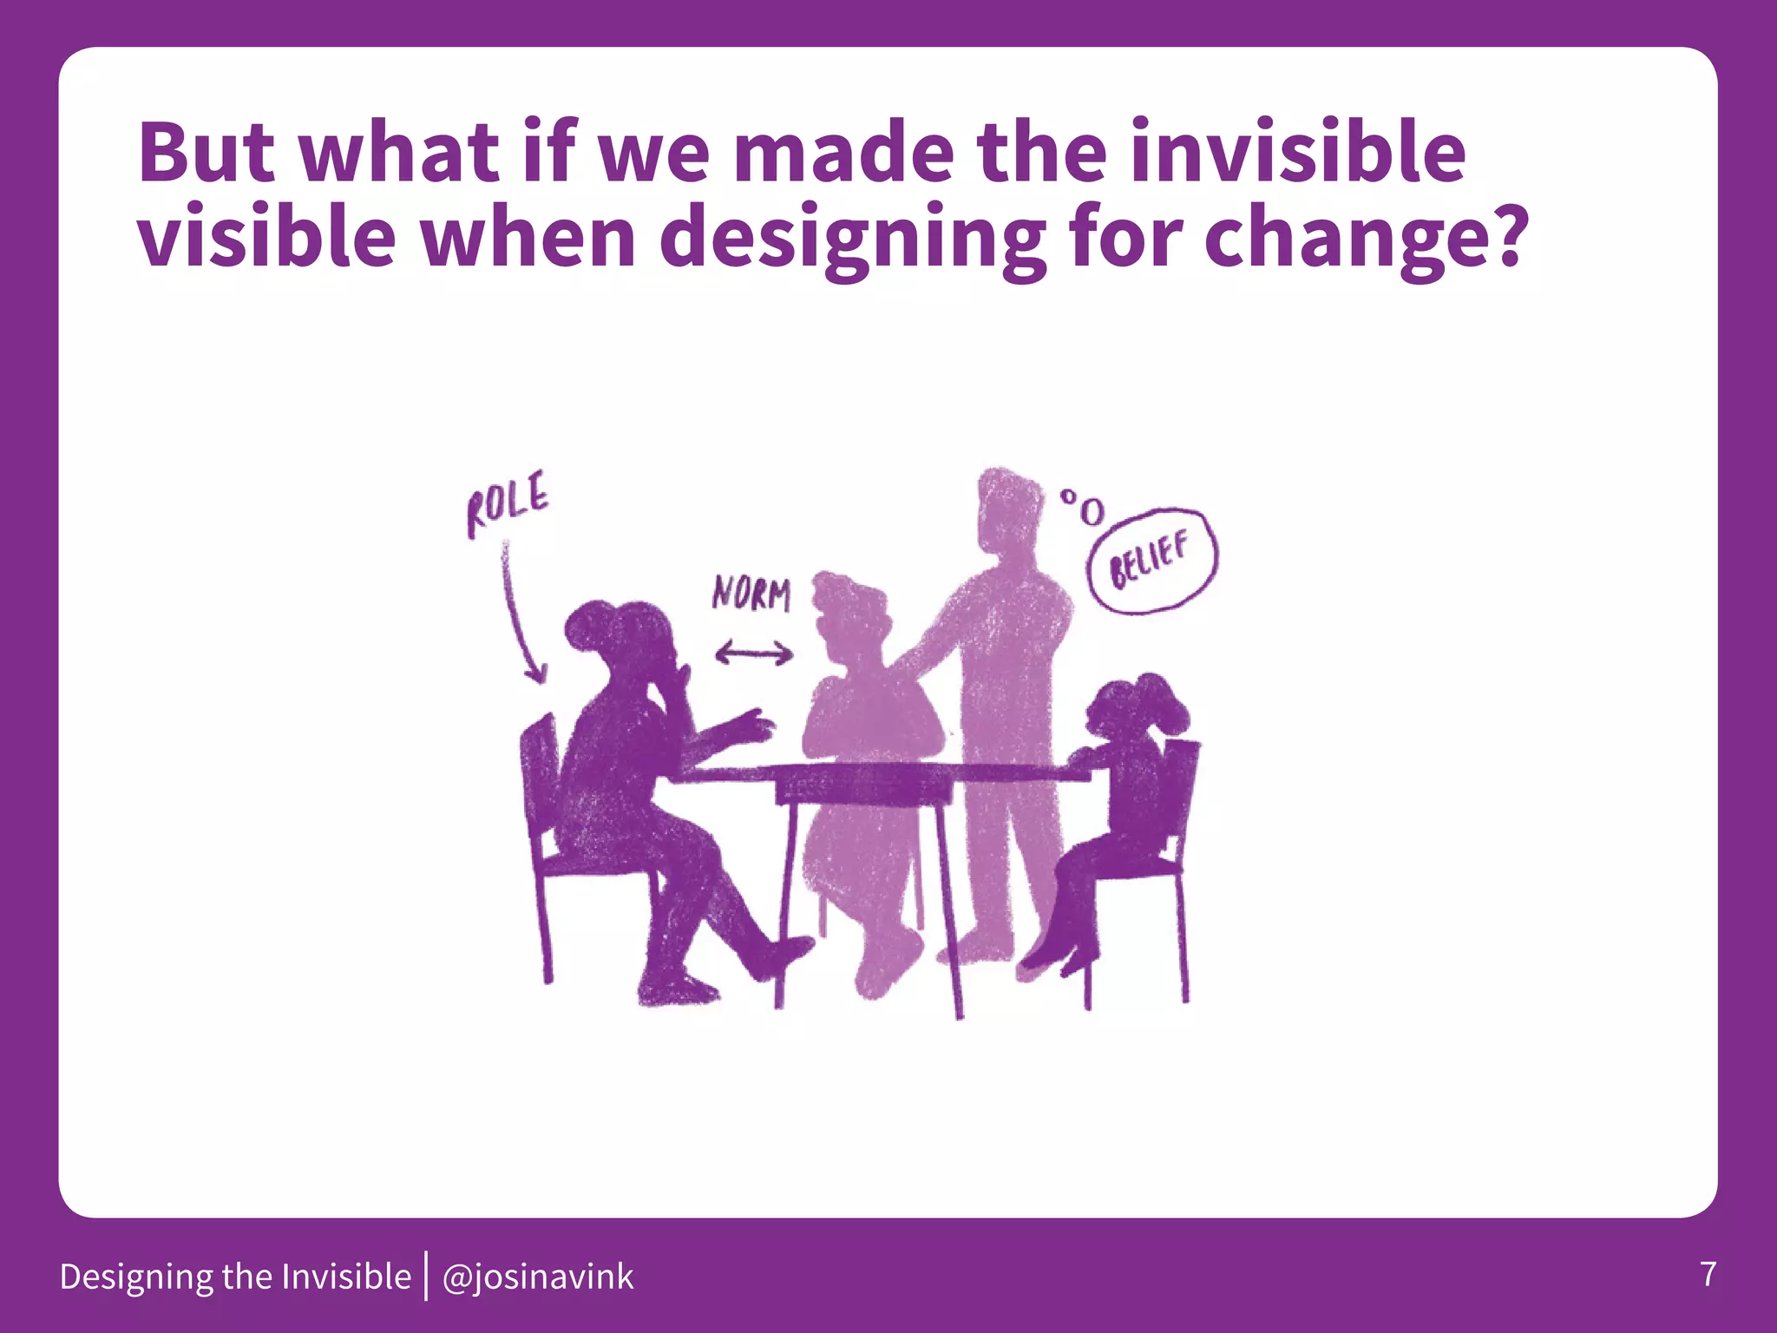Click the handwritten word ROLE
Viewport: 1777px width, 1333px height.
(x=508, y=504)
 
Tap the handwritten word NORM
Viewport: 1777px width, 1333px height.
(x=751, y=594)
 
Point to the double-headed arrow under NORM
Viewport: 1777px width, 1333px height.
(x=754, y=653)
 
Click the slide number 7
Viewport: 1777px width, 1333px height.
(x=1708, y=1274)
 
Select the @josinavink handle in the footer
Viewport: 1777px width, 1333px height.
(x=538, y=1277)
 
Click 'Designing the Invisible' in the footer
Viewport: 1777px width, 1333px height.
(x=235, y=1277)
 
